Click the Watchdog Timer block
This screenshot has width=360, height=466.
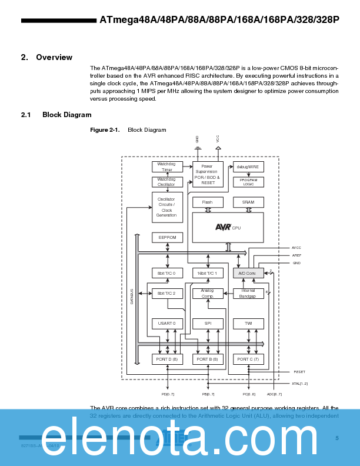(167, 167)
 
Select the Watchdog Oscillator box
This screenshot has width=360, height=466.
(167, 182)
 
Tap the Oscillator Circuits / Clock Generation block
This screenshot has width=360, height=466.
(167, 207)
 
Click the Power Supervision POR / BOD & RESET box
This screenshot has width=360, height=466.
(208, 175)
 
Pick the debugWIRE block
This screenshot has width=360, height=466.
(248, 167)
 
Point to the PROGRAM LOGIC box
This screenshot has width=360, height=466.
(248, 182)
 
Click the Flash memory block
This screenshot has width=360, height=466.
(208, 202)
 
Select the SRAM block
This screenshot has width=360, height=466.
(248, 202)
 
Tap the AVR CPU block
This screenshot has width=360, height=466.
(228, 227)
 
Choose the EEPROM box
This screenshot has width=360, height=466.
(167, 237)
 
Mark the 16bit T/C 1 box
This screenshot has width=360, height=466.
(208, 273)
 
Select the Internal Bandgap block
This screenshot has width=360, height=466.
(248, 293)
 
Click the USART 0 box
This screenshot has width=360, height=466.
(167, 323)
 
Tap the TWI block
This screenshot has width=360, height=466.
(248, 323)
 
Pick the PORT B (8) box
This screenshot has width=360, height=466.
(208, 358)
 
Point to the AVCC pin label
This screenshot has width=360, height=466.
(296, 248)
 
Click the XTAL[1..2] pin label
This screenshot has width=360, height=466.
(300, 383)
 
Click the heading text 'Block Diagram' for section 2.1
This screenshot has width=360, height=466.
(66, 115)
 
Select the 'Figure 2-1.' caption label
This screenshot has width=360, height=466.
(105, 129)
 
